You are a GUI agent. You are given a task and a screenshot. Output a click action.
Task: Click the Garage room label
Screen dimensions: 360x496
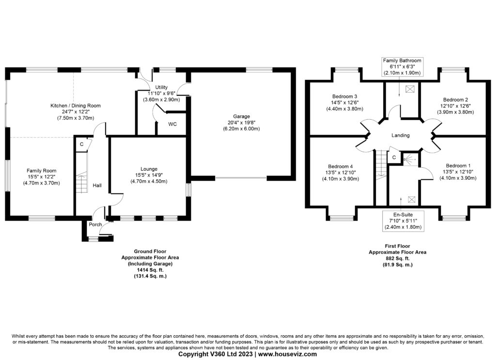point(241,116)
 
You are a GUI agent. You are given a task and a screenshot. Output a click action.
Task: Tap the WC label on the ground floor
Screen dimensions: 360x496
point(172,124)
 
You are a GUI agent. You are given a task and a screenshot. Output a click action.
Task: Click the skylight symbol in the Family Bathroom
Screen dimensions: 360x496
point(410,89)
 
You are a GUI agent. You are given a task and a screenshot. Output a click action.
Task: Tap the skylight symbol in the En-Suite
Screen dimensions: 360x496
point(412,199)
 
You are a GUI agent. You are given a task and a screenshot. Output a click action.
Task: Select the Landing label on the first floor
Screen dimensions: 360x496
point(401,135)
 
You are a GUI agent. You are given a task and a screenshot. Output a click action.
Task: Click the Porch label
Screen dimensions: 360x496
point(95,224)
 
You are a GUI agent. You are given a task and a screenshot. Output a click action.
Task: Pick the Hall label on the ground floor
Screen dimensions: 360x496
point(97,185)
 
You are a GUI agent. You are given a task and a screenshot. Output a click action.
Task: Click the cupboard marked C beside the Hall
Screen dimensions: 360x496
point(81,144)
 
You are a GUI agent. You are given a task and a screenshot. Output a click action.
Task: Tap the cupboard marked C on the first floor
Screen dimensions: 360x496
point(394,157)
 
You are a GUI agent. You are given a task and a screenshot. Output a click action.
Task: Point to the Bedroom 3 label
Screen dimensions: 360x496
point(344,95)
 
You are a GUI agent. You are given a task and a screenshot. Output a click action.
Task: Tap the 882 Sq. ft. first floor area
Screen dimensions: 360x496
point(397,259)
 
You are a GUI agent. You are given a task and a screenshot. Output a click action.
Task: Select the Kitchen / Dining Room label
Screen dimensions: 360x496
point(76,105)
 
